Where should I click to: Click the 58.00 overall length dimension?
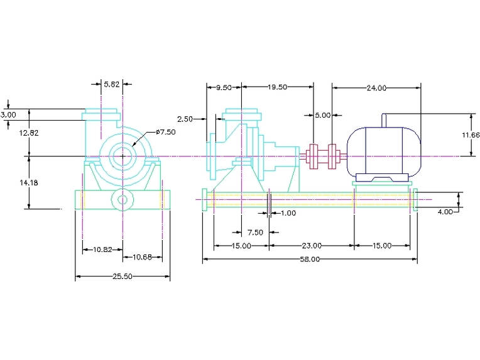tap(310, 258)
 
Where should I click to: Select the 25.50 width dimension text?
tap(123, 276)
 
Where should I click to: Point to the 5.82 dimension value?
tap(112, 84)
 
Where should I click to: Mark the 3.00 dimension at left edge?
tap(8, 115)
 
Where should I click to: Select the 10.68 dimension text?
tap(142, 256)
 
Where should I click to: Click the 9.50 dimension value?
tap(224, 87)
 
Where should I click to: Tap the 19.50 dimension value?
tap(277, 87)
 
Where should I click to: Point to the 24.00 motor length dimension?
tap(376, 88)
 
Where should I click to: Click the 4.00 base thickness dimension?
tap(445, 212)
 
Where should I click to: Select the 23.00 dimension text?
tap(312, 245)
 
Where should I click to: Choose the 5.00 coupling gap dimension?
tap(322, 115)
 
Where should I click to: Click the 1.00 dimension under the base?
tap(288, 213)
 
